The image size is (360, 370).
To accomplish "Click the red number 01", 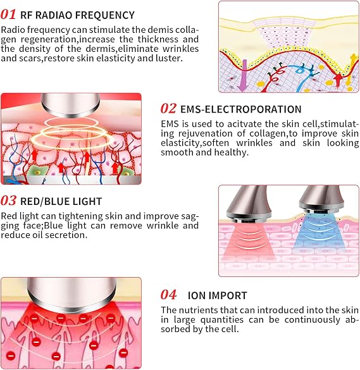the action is tap(8, 15).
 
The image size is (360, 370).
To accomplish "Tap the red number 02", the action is tap(168, 109).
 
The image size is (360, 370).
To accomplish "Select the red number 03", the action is tap(8, 200).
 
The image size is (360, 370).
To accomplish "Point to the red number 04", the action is tap(168, 295).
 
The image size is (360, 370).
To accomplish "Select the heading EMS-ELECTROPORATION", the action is tap(241, 109).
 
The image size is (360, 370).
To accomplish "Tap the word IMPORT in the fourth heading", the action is tap(228, 295).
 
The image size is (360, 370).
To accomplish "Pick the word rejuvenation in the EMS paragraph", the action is tap(205, 134).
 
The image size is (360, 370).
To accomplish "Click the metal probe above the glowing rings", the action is tap(70, 104).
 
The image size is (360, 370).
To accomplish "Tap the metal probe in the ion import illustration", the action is tap(71, 294).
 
